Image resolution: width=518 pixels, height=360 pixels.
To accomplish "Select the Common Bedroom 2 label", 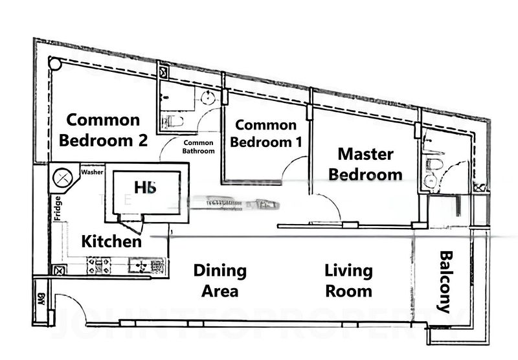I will [x=103, y=129].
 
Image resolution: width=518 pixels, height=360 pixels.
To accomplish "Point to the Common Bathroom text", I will [x=199, y=147].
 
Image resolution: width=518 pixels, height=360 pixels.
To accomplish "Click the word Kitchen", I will [x=111, y=242].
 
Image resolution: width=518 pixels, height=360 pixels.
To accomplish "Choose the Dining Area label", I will [x=220, y=280].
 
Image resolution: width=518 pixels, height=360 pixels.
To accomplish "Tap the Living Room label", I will [x=348, y=280].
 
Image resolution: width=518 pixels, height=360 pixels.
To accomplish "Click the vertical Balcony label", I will [x=445, y=282].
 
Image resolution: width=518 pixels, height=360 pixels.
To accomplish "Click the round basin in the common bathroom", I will [x=208, y=98].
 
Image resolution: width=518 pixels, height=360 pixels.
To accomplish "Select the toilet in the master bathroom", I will [x=434, y=166].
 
